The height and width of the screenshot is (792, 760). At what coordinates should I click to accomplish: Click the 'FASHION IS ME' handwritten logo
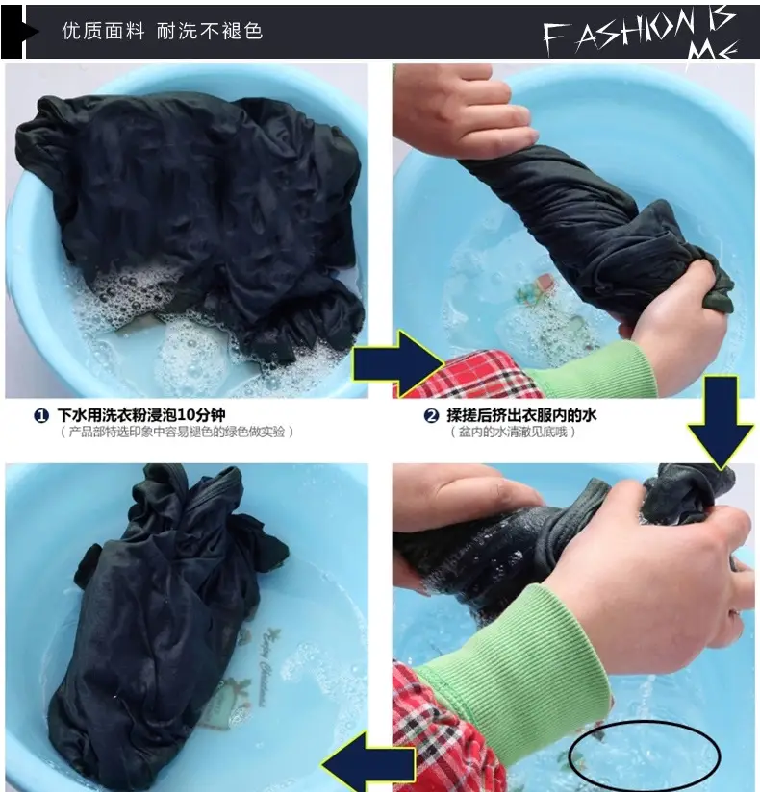[641, 36]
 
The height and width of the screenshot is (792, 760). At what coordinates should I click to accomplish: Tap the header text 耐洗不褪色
[210, 32]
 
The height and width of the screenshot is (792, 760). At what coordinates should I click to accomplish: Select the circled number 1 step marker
[41, 415]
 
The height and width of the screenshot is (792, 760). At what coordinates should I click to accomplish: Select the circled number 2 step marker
[431, 415]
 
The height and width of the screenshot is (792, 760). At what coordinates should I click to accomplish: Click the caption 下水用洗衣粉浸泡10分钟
[141, 415]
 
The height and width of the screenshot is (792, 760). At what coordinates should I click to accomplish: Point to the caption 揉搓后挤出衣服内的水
[521, 415]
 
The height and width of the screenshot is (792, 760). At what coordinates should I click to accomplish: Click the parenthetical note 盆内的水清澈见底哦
[513, 432]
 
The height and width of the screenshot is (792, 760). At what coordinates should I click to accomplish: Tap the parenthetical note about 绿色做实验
[177, 432]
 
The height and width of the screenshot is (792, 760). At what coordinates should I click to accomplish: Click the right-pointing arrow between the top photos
[398, 363]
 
